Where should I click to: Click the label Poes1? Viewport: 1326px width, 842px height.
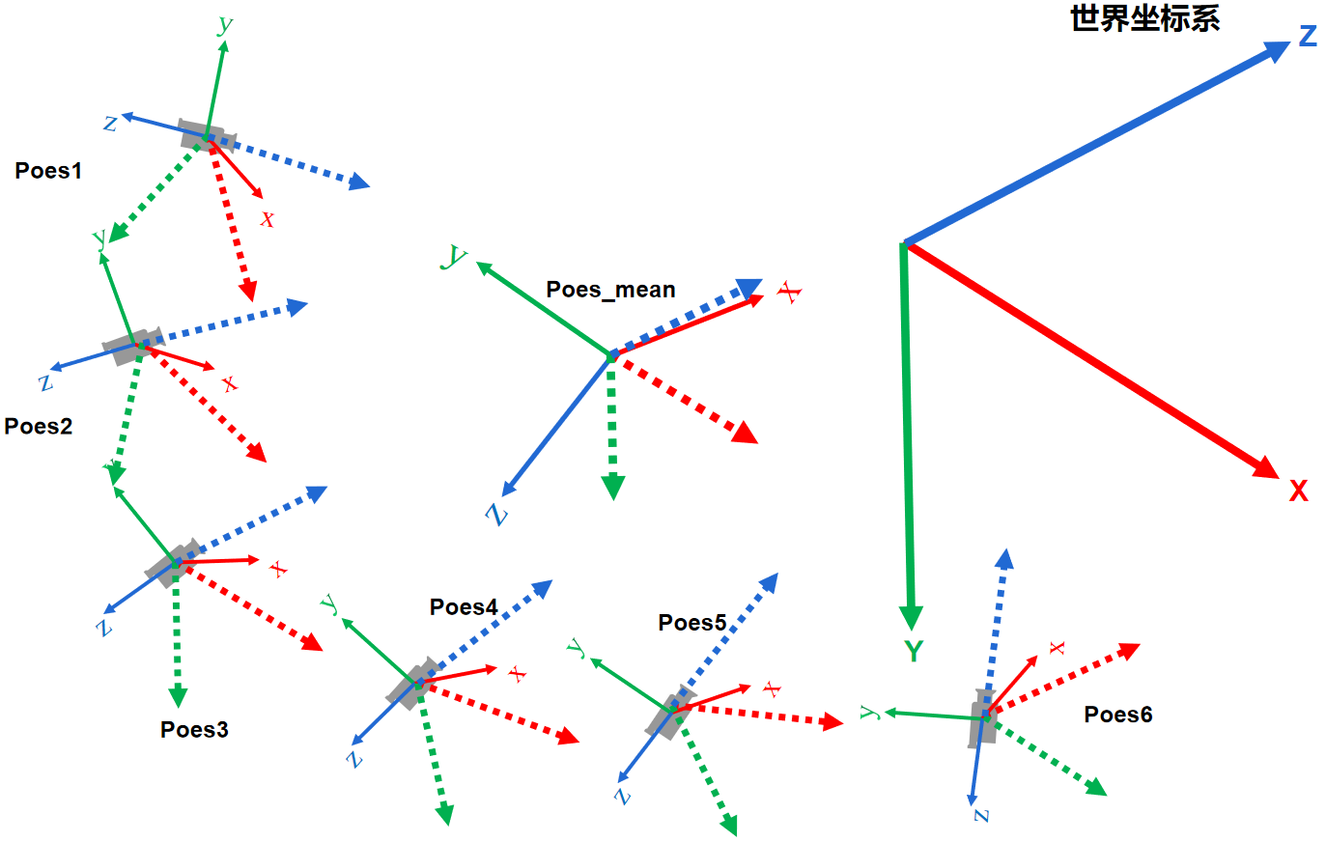pyautogui.click(x=48, y=171)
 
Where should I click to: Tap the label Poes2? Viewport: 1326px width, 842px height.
pyautogui.click(x=39, y=426)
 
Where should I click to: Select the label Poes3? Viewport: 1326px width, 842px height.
pyautogui.click(x=194, y=729)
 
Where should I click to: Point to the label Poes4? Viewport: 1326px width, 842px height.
pyautogui.click(x=464, y=606)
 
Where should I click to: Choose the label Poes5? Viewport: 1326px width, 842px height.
pyautogui.click(x=691, y=623)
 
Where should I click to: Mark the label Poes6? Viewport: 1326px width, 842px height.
pyautogui.click(x=1117, y=714)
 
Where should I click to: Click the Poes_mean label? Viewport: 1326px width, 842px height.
pyautogui.click(x=610, y=290)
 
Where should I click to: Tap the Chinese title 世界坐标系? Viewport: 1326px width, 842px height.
pyautogui.click(x=1145, y=18)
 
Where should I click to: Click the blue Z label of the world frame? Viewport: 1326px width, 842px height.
pyautogui.click(x=1308, y=37)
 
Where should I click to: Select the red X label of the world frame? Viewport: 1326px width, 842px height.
pyautogui.click(x=1299, y=491)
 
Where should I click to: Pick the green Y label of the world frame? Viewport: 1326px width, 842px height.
pyautogui.click(x=914, y=652)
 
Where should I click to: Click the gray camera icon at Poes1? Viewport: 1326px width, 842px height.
pyautogui.click(x=203, y=135)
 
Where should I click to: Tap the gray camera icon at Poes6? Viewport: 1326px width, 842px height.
pyautogui.click(x=983, y=718)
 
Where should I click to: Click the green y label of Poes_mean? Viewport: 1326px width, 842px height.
pyautogui.click(x=454, y=256)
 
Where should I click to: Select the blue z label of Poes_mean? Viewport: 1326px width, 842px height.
pyautogui.click(x=497, y=514)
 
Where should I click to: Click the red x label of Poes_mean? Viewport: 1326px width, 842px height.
pyautogui.click(x=791, y=292)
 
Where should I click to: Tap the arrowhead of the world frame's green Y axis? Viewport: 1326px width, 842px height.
pyautogui.click(x=911, y=617)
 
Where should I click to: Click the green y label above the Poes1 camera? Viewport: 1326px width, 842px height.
pyautogui.click(x=225, y=24)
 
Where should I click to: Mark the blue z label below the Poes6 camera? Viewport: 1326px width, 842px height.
pyautogui.click(x=981, y=816)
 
